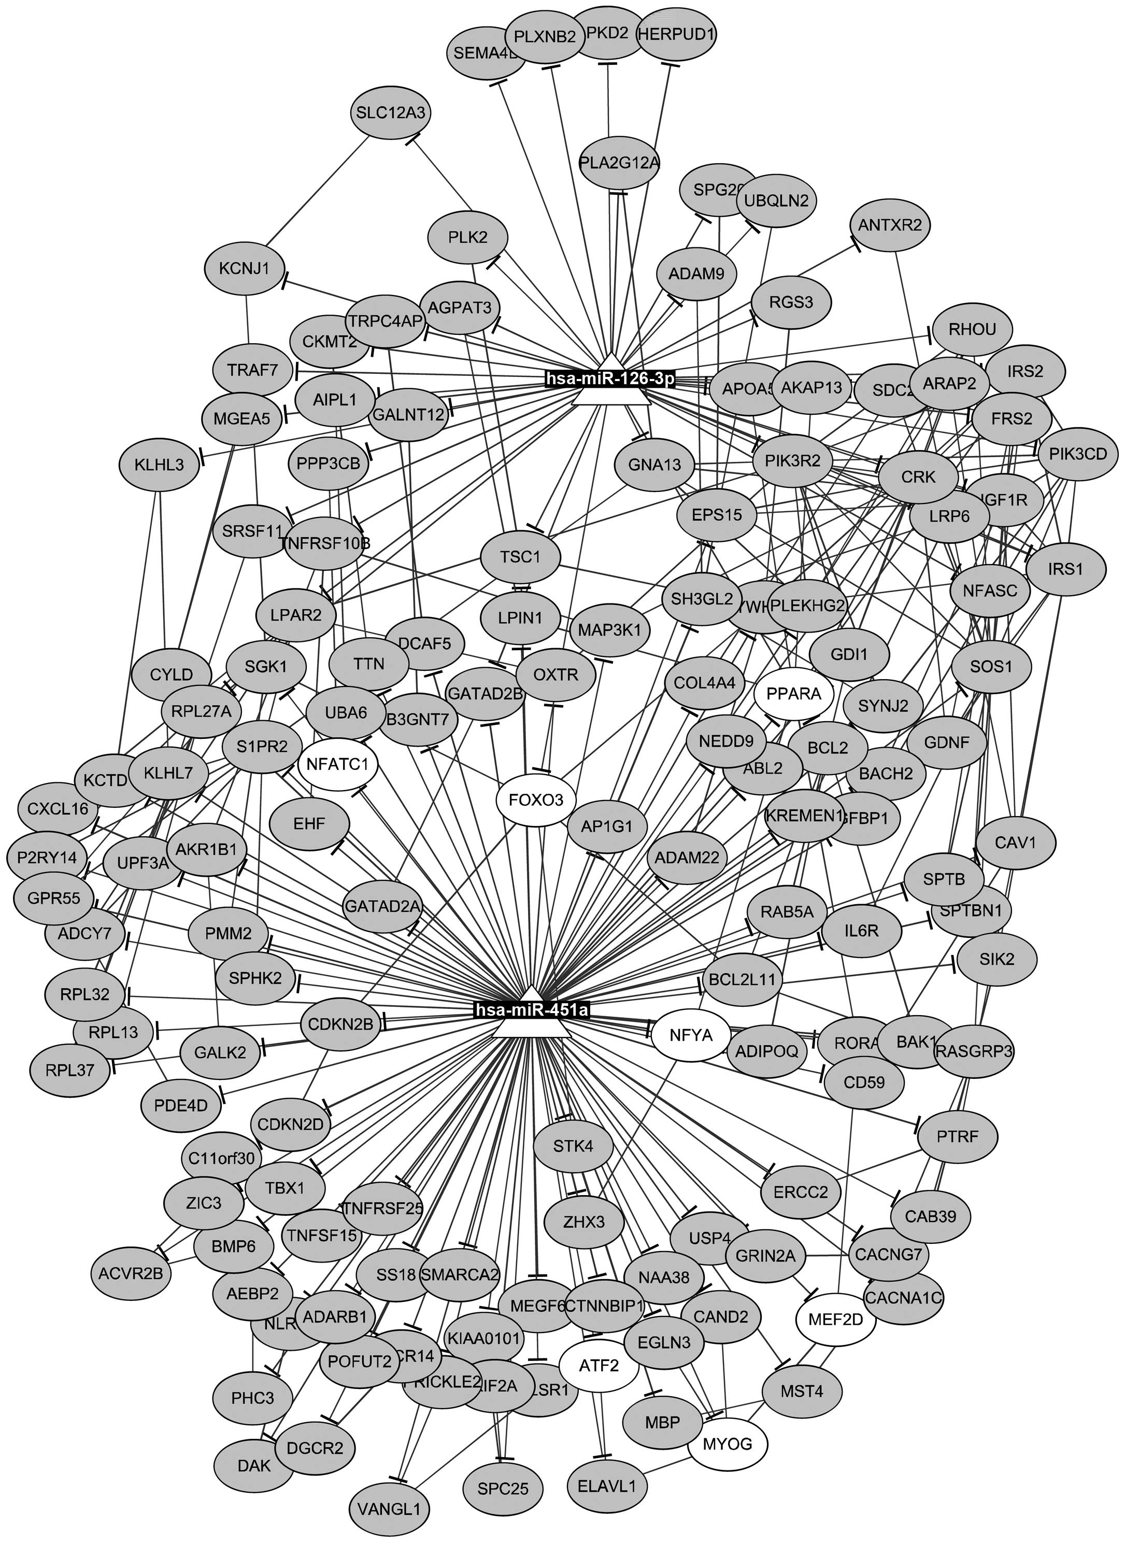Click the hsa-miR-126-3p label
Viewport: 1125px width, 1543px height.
tap(610, 379)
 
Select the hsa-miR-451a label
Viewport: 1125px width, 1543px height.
tap(532, 1009)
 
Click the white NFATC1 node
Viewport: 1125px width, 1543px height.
tap(337, 764)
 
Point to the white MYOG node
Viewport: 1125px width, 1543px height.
tap(728, 1443)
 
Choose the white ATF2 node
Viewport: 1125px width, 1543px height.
tap(599, 1365)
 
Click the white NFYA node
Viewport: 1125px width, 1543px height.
tap(691, 1035)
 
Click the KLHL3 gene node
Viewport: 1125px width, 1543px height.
tap(159, 465)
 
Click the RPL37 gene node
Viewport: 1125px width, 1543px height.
tap(70, 1070)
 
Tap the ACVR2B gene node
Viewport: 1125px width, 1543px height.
tap(130, 1271)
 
